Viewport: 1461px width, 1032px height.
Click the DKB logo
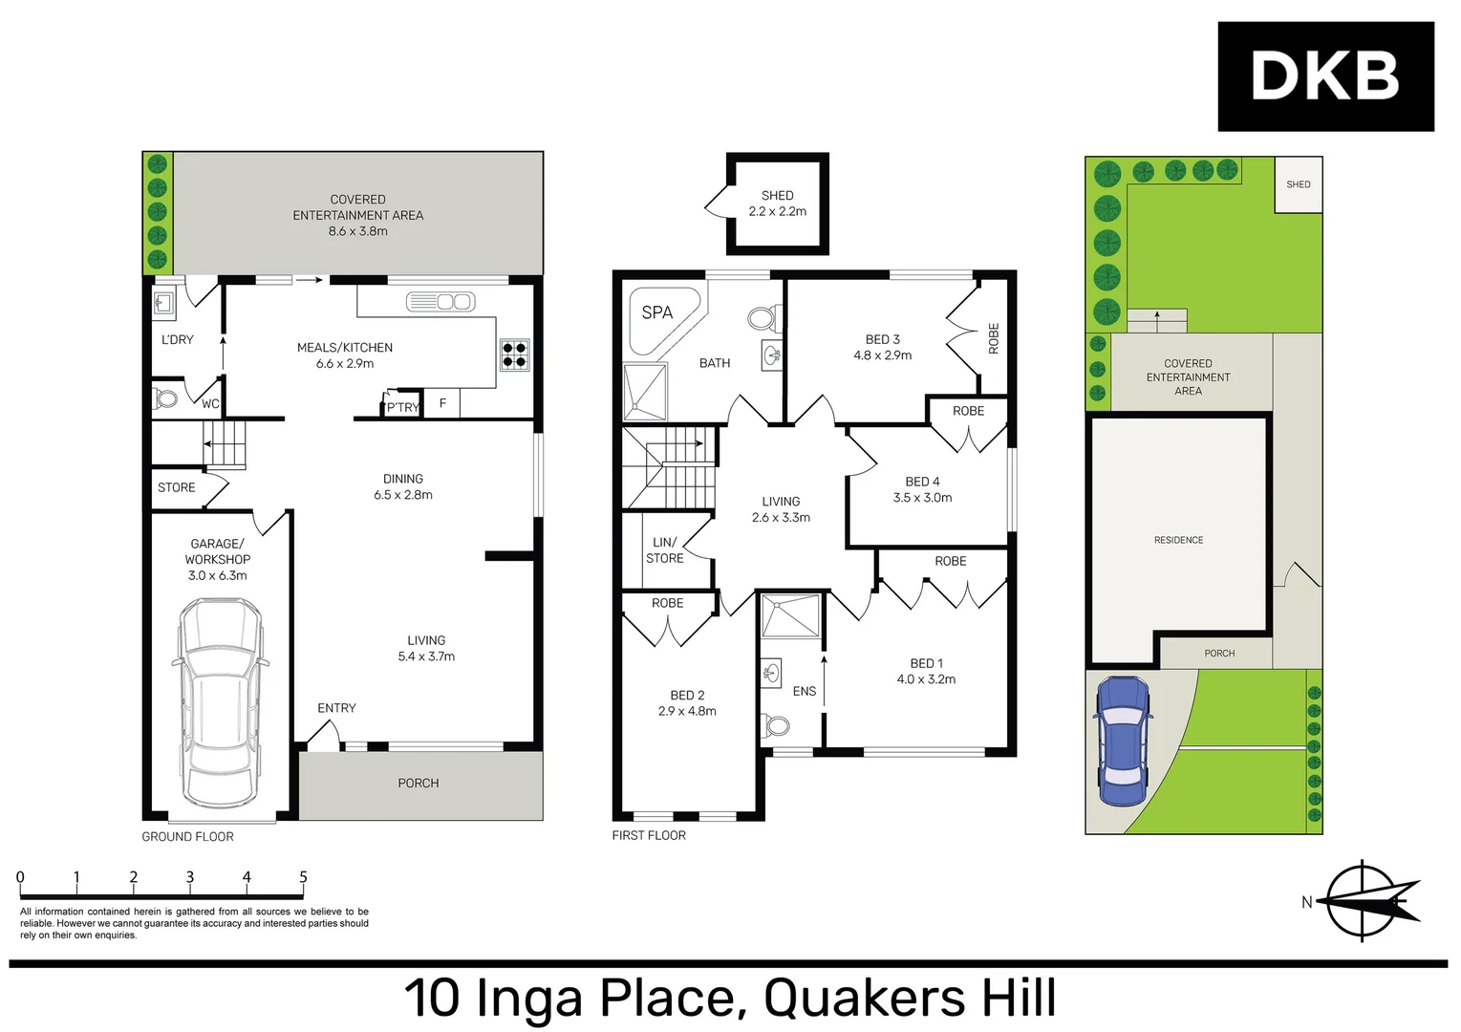coord(1324,76)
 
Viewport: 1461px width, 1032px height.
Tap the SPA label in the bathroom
coord(656,312)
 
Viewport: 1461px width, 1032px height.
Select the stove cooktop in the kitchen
coord(514,355)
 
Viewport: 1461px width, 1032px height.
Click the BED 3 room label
coord(882,339)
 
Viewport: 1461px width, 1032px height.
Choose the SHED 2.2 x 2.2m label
coord(777,204)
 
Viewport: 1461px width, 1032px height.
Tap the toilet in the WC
coord(165,398)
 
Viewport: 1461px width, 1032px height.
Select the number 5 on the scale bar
coord(303,877)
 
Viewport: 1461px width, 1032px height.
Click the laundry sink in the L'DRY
coord(163,304)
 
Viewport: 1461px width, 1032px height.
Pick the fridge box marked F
coord(442,404)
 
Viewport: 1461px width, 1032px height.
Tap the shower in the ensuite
coord(790,616)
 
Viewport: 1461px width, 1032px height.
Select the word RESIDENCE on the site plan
coord(1178,540)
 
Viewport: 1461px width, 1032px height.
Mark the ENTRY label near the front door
coord(336,708)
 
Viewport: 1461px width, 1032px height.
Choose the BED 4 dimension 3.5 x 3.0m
coord(922,498)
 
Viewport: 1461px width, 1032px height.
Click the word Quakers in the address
coord(864,998)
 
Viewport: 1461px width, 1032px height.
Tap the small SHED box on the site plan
coord(1298,184)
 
